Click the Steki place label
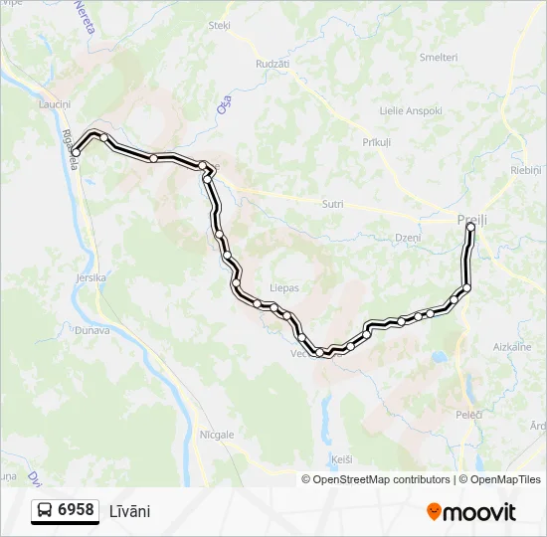[x=219, y=26]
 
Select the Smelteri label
[x=438, y=58]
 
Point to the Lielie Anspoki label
[x=411, y=110]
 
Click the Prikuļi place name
[x=377, y=143]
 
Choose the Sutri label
[x=332, y=204]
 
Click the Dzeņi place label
[x=408, y=238]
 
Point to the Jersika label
[x=91, y=278]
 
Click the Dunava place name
[x=92, y=329]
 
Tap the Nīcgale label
[x=217, y=435]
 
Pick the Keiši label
[x=342, y=459]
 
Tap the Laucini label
[x=54, y=104]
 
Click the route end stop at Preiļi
[x=470, y=228]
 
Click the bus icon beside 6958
[x=45, y=511]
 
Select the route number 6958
[x=77, y=510]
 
